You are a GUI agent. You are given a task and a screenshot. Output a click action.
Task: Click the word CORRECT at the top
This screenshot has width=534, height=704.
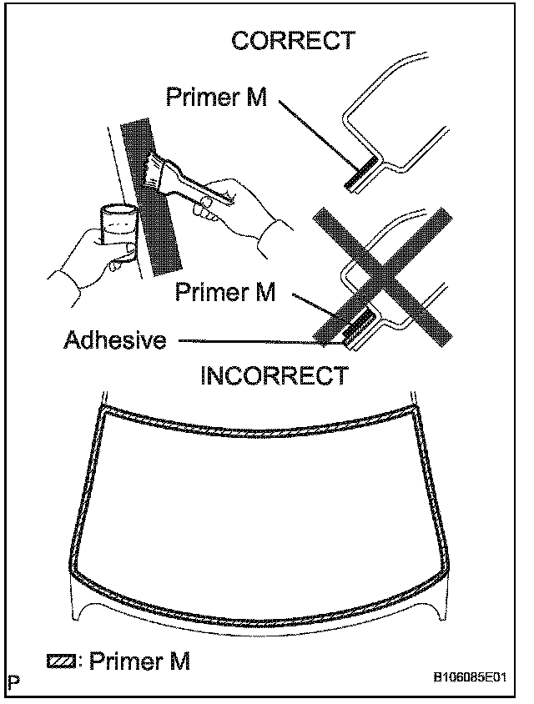[x=293, y=41]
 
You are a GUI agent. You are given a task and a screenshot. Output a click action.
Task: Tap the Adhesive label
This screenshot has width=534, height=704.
[x=115, y=340]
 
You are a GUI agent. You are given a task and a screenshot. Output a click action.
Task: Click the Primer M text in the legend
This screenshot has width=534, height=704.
[x=139, y=661]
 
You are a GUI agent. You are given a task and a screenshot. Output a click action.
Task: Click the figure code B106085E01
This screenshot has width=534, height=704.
[x=468, y=679]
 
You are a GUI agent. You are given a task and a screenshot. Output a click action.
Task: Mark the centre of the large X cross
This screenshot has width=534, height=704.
[x=383, y=276]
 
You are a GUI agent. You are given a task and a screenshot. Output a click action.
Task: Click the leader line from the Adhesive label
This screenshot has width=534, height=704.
[x=250, y=340]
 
